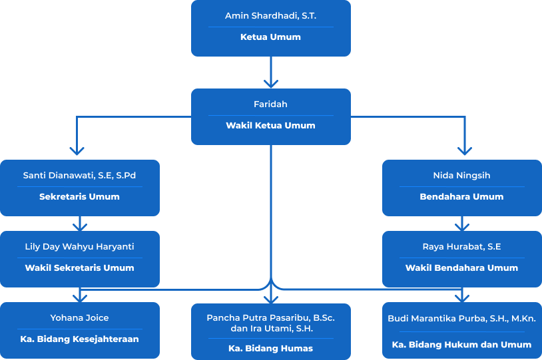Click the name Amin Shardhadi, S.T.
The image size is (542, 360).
270,15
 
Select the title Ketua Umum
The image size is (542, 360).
270,37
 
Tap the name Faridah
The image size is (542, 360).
270,104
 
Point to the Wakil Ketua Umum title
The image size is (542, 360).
270,126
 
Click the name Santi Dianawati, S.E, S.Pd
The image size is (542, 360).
79,176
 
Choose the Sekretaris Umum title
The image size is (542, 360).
79,197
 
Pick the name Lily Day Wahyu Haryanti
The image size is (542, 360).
79,247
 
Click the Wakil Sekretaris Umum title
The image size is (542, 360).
79,268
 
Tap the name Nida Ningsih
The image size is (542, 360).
461,176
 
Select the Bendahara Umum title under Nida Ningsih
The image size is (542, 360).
461,197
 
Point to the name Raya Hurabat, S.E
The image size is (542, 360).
461,247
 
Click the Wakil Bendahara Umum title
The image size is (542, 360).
461,268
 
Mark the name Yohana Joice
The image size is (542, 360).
79,318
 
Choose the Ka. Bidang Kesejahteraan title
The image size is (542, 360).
79,339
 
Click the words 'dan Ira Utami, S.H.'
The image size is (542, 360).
270,329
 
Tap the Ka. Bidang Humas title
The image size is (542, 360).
270,349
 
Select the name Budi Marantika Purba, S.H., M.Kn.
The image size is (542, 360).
461,319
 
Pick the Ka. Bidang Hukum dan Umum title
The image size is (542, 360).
461,345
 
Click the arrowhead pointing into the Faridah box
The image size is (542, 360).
270,83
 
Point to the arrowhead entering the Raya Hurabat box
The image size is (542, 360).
461,226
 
